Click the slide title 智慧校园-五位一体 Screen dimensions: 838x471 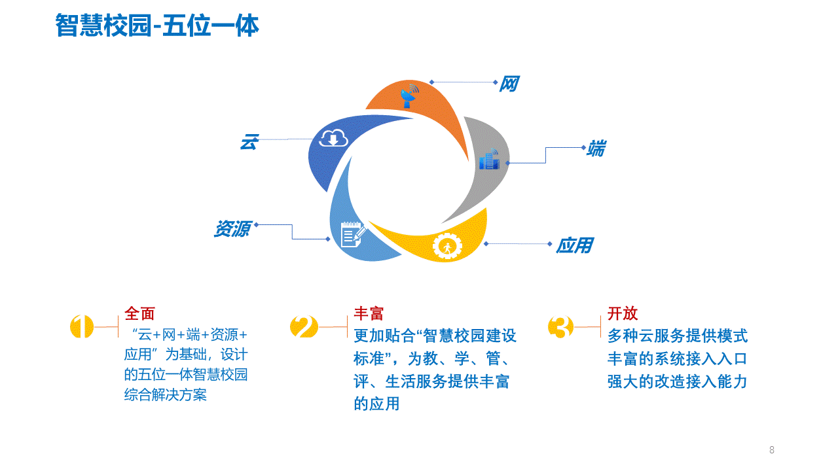(157, 26)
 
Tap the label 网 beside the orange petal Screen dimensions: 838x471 (509, 83)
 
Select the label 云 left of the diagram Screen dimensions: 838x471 (249, 142)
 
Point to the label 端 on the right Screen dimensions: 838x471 (596, 148)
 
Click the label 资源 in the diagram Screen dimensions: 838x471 (232, 228)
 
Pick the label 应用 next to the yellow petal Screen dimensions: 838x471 (575, 245)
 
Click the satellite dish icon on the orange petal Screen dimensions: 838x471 (409, 96)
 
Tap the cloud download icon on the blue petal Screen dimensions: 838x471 (333, 138)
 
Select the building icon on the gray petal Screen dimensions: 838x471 (489, 159)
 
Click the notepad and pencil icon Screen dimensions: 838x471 (353, 234)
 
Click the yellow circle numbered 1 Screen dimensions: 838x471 (82, 326)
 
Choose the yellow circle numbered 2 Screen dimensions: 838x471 (304, 326)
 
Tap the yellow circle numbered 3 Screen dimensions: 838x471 (560, 326)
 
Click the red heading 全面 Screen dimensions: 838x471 (139, 313)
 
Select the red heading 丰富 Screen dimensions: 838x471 (369, 313)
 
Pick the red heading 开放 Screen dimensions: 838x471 (623, 313)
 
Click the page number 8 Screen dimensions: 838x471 (772, 449)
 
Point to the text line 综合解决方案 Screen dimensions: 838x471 (166, 394)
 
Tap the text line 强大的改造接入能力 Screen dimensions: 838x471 (677, 381)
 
